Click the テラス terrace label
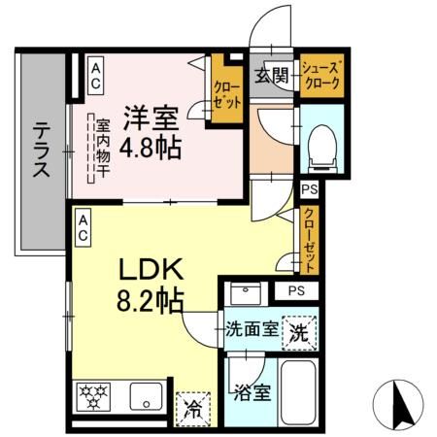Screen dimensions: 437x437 [x=42, y=151]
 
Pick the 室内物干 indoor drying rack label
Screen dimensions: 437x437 [x=100, y=150]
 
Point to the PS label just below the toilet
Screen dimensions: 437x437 [x=310, y=190]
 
